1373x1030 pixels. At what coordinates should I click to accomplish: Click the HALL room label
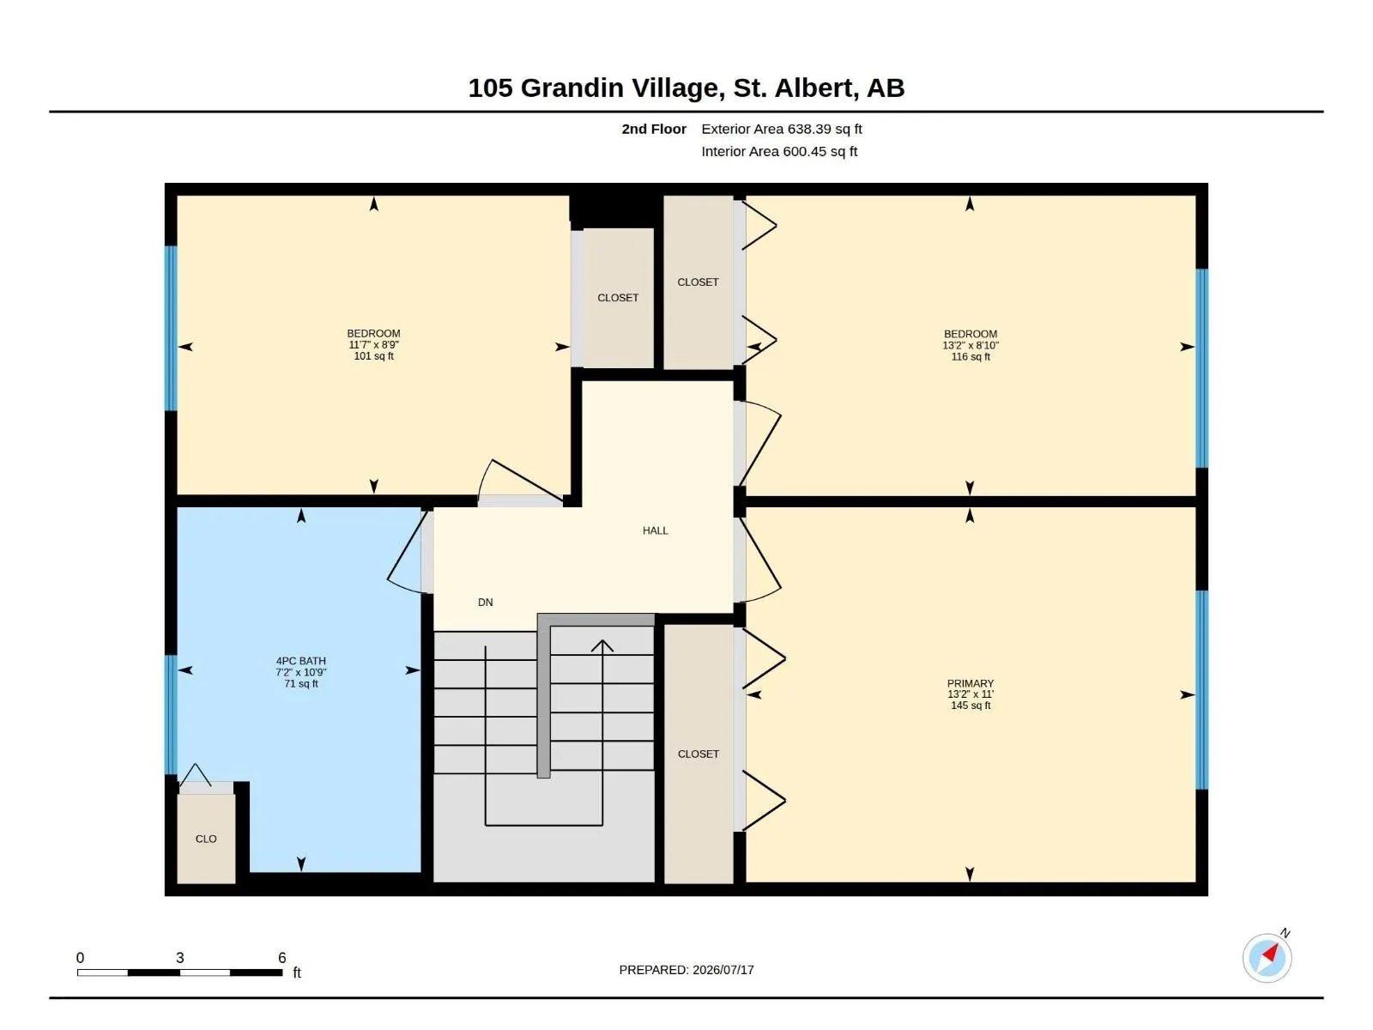point(655,530)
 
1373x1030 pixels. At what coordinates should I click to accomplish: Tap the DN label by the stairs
point(486,603)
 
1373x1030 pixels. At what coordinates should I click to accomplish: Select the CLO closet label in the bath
point(206,839)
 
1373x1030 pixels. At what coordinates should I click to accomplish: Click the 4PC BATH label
point(301,661)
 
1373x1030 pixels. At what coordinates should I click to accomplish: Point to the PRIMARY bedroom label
point(971,683)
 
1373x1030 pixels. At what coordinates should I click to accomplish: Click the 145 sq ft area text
point(971,706)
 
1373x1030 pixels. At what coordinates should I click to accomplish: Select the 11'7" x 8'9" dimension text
point(373,344)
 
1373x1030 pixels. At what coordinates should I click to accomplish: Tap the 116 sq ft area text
point(971,356)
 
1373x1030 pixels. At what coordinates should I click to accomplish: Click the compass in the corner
point(1267,958)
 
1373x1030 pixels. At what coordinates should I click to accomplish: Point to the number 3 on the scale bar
point(180,958)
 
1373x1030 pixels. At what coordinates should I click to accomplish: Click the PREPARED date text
point(686,970)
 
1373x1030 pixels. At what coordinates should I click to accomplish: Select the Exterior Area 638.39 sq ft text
point(781,129)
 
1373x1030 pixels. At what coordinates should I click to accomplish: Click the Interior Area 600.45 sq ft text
point(779,151)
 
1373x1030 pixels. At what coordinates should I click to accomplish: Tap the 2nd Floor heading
point(654,129)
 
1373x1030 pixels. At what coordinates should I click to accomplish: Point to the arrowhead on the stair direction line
point(602,645)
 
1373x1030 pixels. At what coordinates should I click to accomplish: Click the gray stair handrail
point(544,696)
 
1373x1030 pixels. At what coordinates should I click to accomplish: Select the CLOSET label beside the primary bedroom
point(698,754)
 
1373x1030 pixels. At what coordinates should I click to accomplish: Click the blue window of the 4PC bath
point(170,715)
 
